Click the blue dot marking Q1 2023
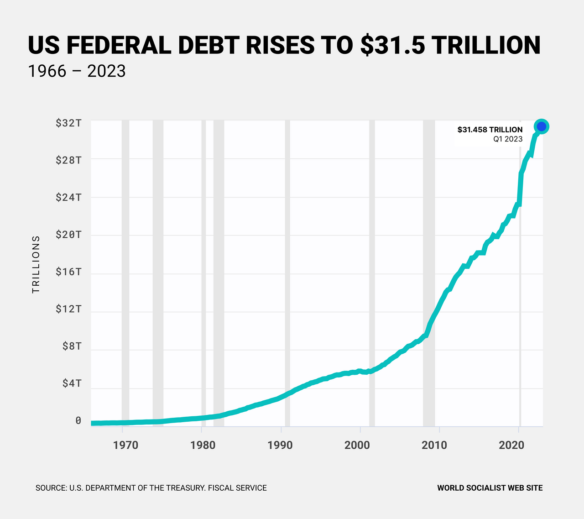pos(541,126)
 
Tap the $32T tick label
pos(68,123)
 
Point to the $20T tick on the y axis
pos(68,235)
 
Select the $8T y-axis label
pos(72,346)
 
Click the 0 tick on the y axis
pos(78,420)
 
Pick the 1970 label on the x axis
pos(125,445)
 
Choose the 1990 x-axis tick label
pos(280,445)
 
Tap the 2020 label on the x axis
pos(511,445)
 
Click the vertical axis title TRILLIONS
pos(36,264)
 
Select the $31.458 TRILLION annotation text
pos(490,130)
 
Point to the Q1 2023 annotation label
pos(507,139)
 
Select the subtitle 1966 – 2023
pos(77,71)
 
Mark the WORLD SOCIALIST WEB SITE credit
pos(490,488)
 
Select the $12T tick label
pos(68,309)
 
